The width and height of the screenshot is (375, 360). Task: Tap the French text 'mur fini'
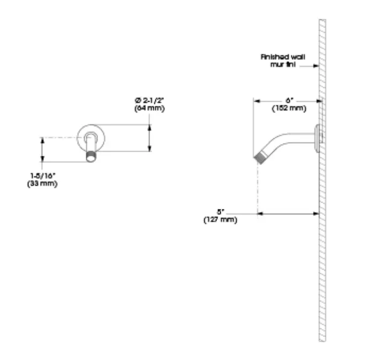click(282, 64)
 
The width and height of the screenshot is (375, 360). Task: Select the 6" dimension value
click(288, 100)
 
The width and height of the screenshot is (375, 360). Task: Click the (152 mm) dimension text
click(288, 108)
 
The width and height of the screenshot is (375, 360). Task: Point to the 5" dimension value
click(220, 211)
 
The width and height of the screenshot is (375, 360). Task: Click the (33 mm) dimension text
click(42, 184)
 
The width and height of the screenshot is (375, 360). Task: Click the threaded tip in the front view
click(91, 158)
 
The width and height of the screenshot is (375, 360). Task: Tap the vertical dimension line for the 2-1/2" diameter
click(150, 138)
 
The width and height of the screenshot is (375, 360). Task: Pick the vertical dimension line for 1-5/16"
click(42, 149)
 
